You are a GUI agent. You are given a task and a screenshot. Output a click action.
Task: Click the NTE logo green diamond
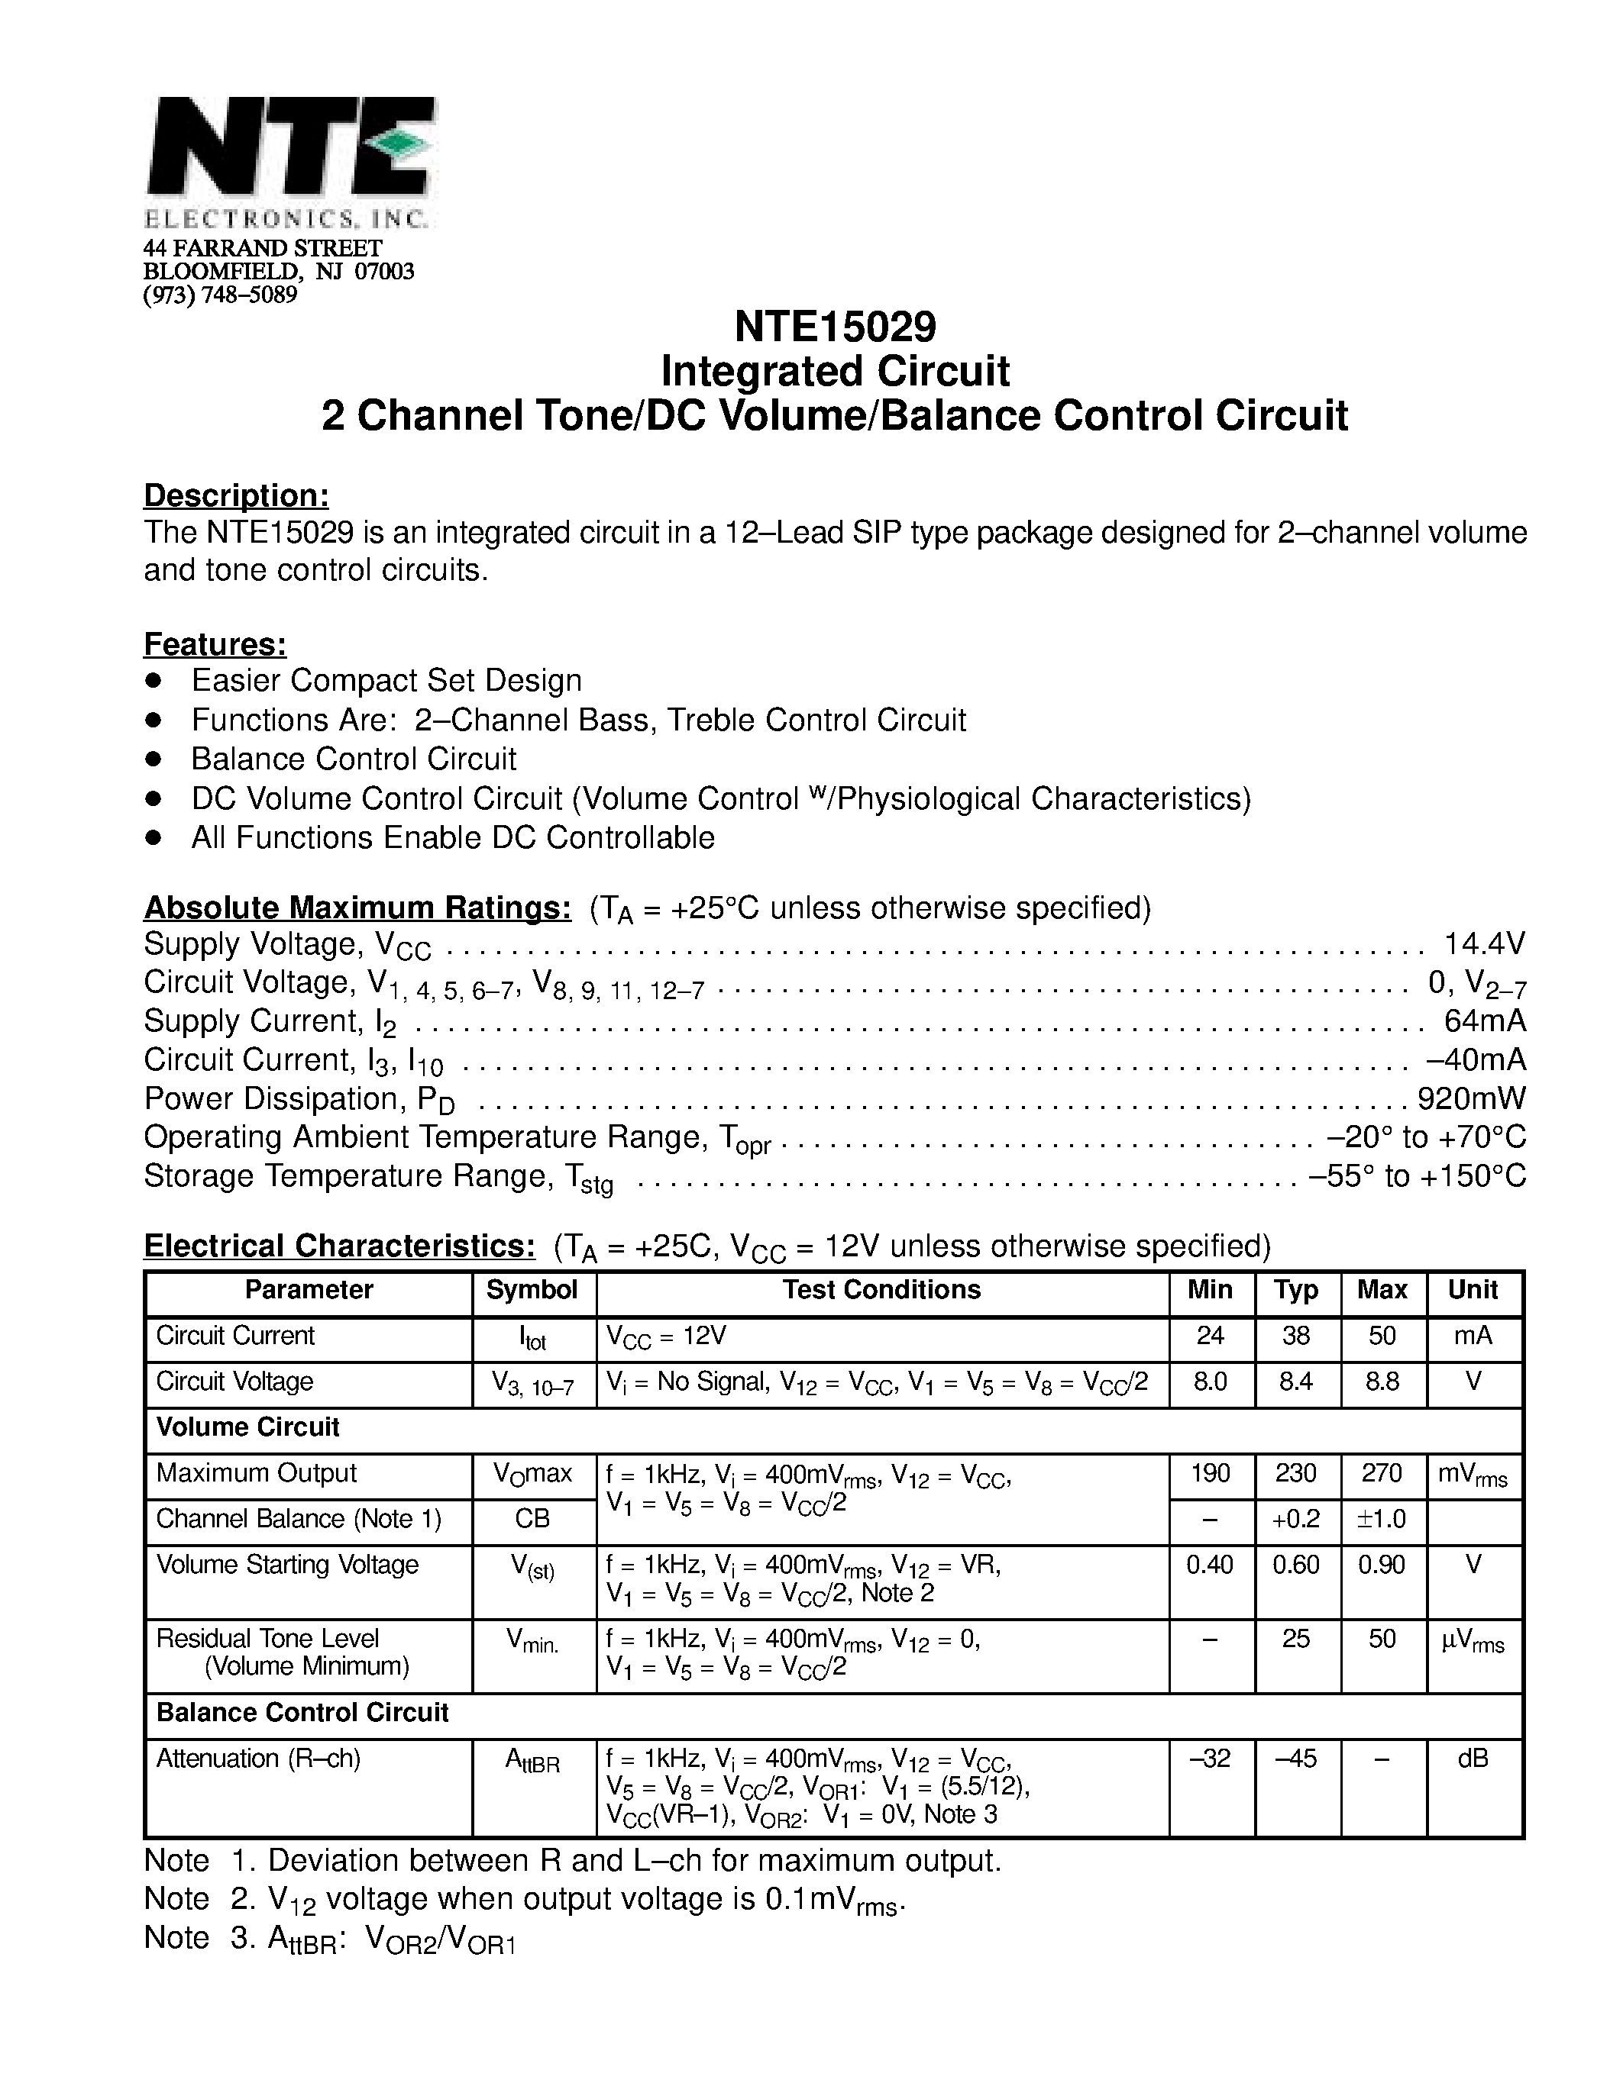[x=400, y=144]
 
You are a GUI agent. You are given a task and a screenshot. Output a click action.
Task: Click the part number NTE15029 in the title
[x=835, y=327]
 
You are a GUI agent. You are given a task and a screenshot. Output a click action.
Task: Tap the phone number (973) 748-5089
[x=220, y=294]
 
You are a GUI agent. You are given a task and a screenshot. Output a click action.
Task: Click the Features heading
[x=215, y=644]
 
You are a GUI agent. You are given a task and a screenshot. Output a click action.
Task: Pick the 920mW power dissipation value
[x=1471, y=1098]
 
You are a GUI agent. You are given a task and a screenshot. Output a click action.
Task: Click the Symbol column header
[x=532, y=1290]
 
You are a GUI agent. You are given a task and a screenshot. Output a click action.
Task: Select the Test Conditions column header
[x=881, y=1290]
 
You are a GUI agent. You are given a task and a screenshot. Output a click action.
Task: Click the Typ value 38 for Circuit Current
[x=1296, y=1336]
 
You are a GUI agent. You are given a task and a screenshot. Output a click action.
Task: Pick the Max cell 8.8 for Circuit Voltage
[x=1382, y=1382]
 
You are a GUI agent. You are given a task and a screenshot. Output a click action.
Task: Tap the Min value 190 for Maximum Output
[x=1211, y=1473]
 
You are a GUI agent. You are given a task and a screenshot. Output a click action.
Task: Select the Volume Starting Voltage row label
[x=287, y=1565]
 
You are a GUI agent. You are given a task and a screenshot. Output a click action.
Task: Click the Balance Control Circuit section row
[x=303, y=1713]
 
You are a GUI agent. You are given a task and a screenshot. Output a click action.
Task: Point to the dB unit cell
[x=1473, y=1759]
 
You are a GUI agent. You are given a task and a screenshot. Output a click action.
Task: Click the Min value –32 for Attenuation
[x=1211, y=1759]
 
